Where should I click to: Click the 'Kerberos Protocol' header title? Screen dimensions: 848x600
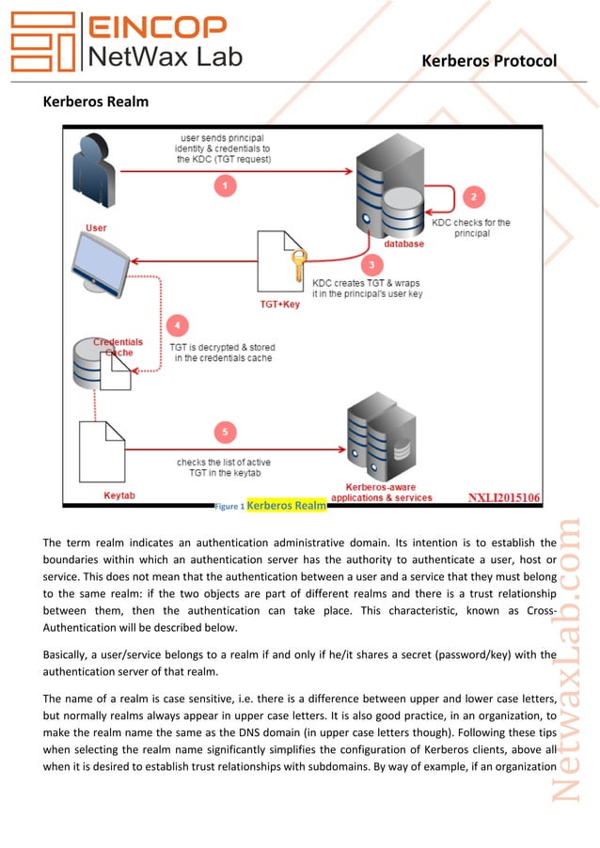[489, 61]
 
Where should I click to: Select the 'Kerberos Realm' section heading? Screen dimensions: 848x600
[96, 100]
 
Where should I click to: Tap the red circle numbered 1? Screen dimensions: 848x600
[224, 186]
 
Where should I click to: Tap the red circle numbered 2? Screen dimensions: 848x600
[473, 196]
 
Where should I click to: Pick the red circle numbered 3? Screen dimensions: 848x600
[373, 264]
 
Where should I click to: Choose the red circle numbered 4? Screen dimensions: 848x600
[176, 326]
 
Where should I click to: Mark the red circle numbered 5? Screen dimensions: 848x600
[224, 432]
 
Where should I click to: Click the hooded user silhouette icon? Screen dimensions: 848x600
[95, 173]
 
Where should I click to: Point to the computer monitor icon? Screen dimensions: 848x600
[104, 264]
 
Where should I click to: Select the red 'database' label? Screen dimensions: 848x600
[403, 243]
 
